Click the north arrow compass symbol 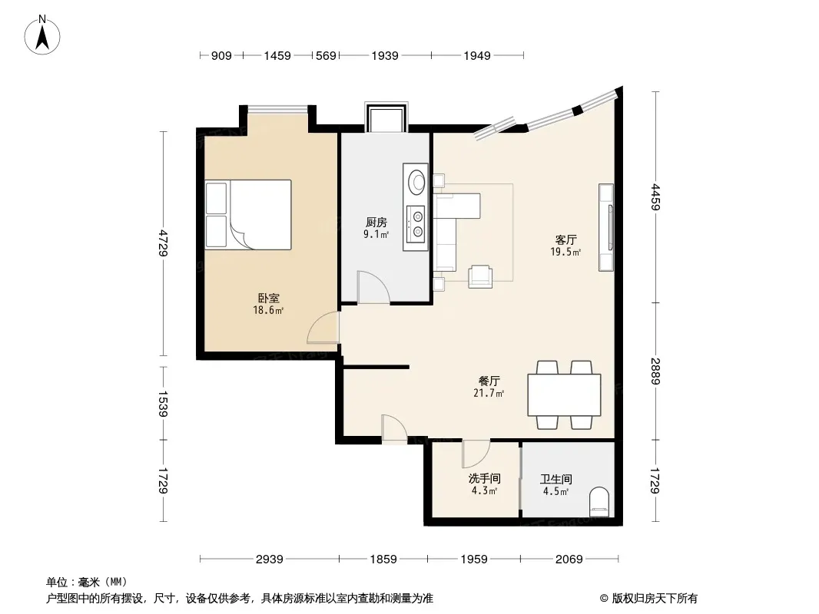(x=42, y=35)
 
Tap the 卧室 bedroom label (x=268, y=299)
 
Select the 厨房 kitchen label (x=376, y=223)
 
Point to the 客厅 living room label (x=565, y=240)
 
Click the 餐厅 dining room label (x=489, y=381)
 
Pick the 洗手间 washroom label (x=484, y=478)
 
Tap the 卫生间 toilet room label (x=555, y=479)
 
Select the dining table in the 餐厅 (x=564, y=395)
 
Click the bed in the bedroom (x=248, y=214)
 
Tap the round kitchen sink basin (x=417, y=182)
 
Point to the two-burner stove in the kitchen (x=417, y=223)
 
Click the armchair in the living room (x=480, y=276)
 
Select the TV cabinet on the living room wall (x=606, y=227)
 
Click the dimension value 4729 (x=164, y=243)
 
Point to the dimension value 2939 (x=270, y=560)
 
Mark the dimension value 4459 (x=656, y=196)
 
